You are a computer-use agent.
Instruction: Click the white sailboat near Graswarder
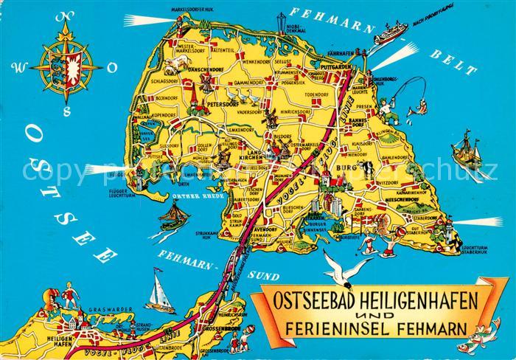coord(160,292)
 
